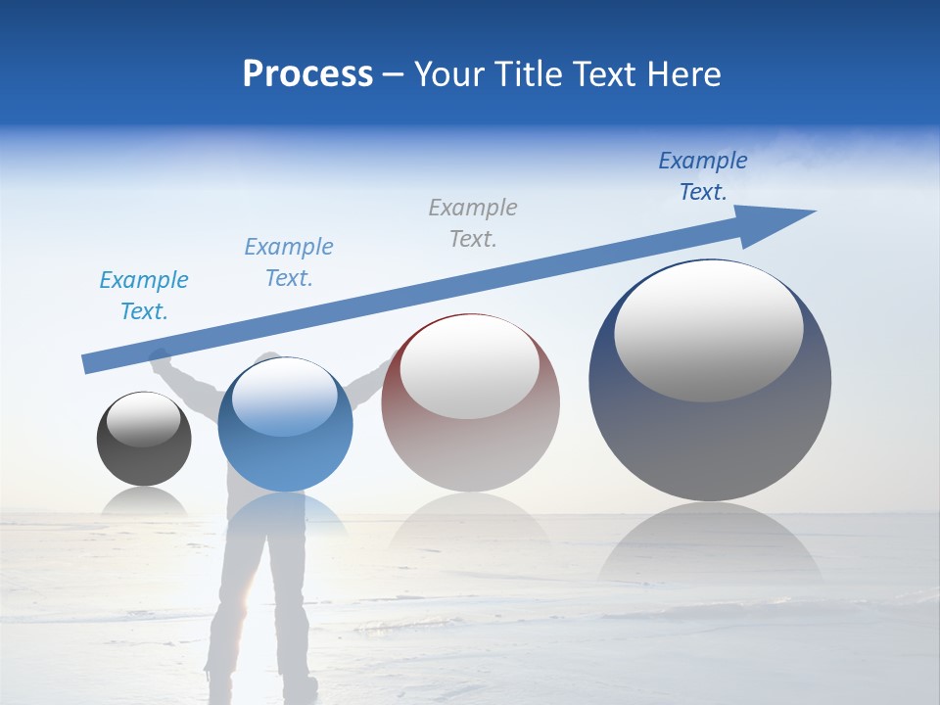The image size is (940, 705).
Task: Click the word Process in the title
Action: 307,74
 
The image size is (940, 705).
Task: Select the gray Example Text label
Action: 473,222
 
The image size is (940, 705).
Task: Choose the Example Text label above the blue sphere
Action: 289,261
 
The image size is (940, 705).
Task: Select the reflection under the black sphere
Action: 144,500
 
